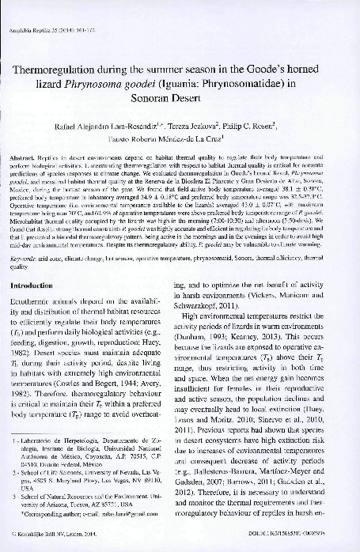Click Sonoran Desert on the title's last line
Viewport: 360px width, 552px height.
click(180, 101)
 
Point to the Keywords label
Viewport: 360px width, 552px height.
click(31, 257)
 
